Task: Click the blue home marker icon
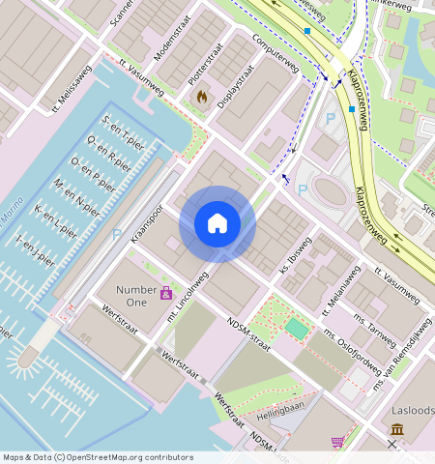217,223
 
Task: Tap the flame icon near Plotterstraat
201,97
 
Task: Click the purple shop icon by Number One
166,293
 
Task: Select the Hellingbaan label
280,412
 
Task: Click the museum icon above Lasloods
397,429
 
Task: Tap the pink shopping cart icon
337,442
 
